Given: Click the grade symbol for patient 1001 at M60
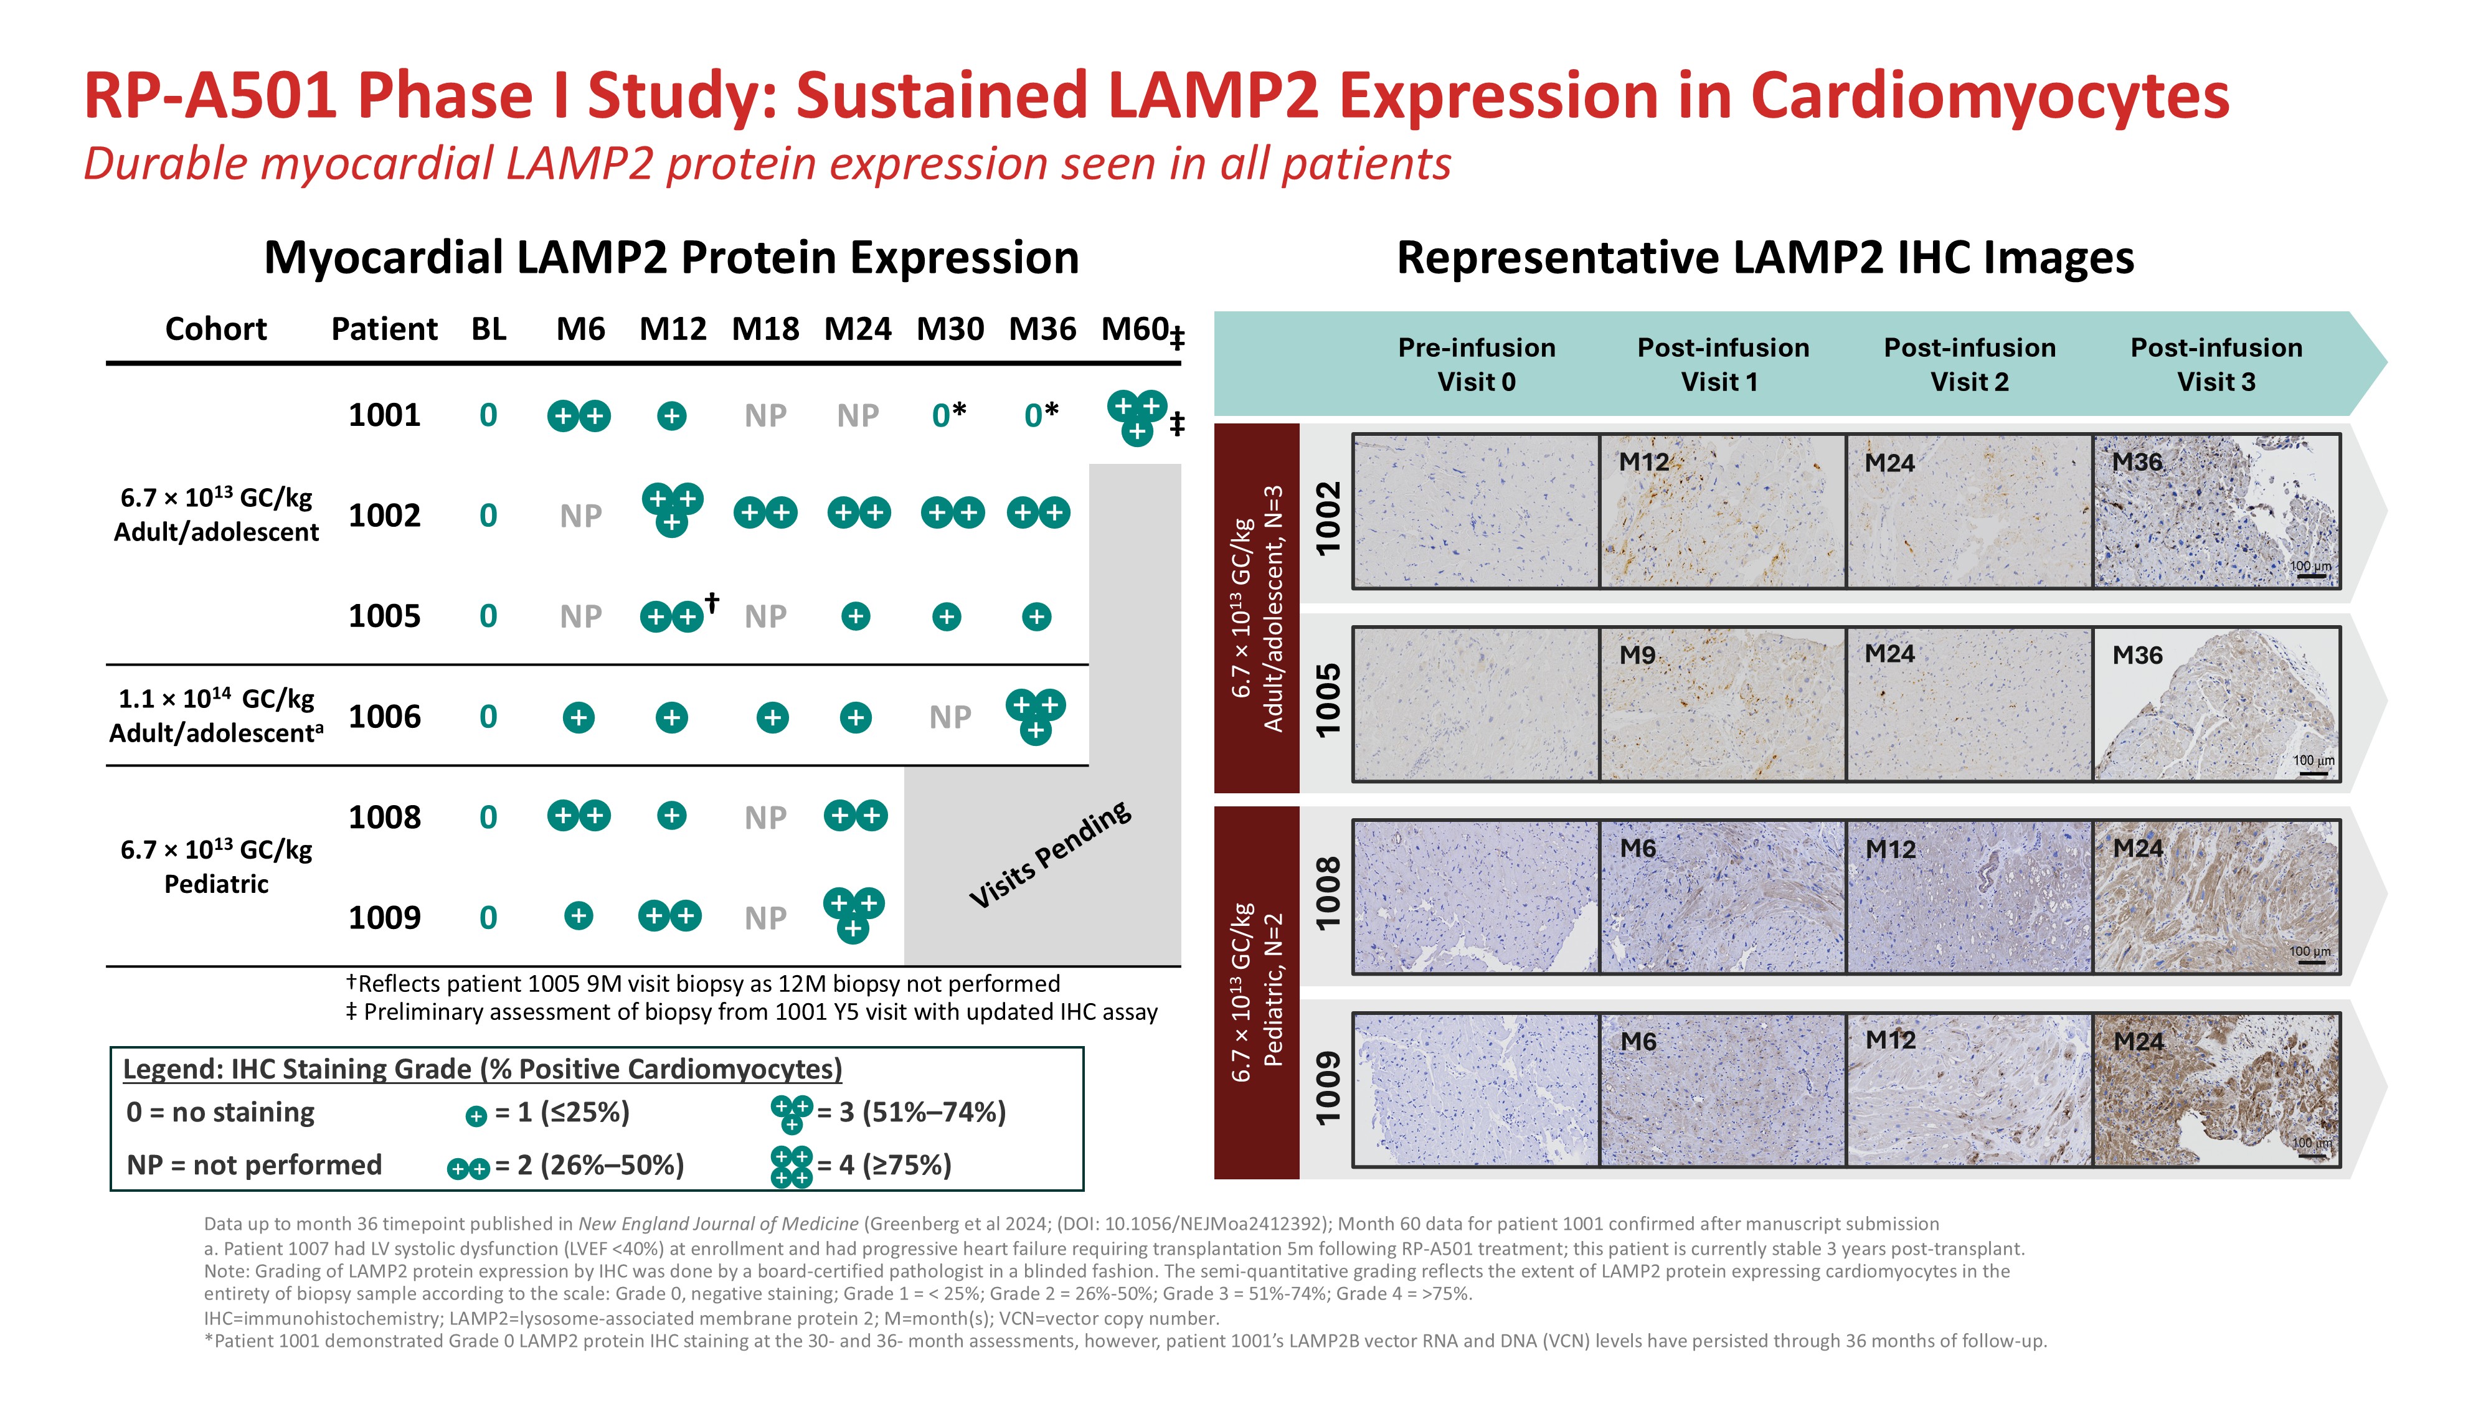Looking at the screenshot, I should (1137, 417).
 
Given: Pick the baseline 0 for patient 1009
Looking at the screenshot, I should (488, 918).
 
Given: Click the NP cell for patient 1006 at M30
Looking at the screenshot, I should (950, 717).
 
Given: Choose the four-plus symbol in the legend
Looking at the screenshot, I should (791, 1166).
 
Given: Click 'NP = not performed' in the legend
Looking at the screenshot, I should (254, 1165).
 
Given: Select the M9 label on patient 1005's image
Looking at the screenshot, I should (1637, 656).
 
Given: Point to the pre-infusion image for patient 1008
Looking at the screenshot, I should (1476, 896).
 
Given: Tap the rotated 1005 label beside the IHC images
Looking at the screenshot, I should (1328, 699).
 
